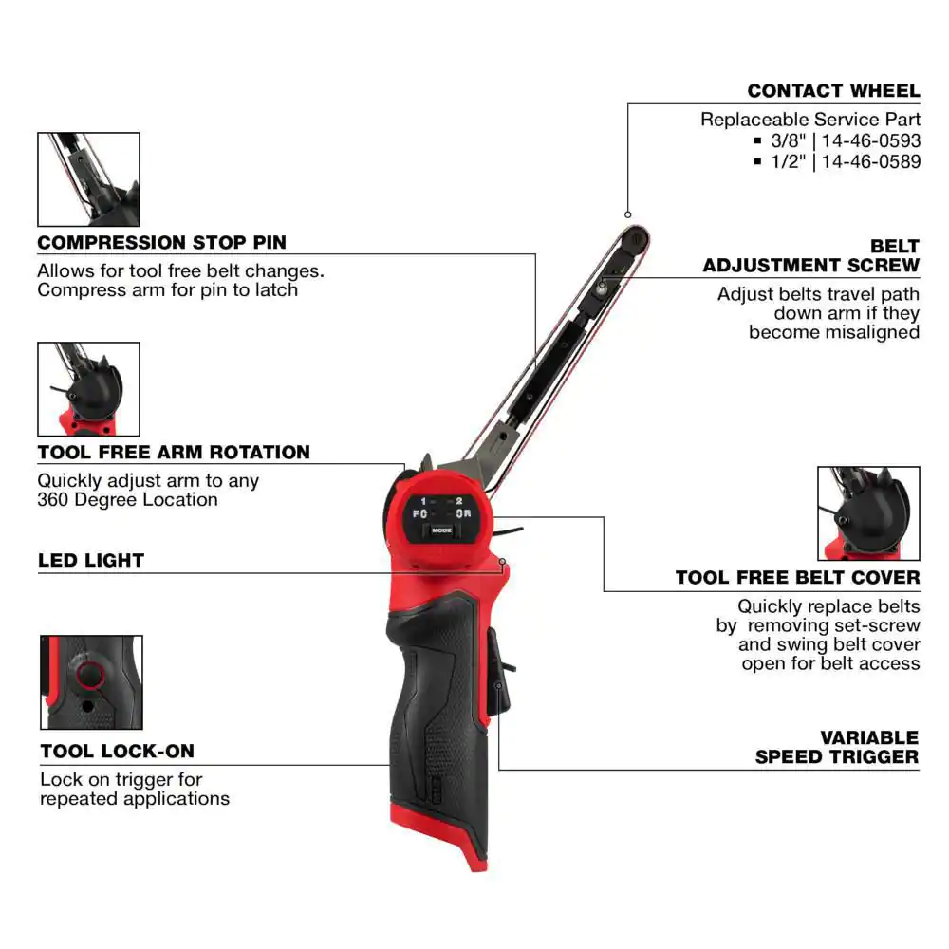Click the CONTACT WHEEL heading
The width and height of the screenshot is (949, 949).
pyautogui.click(x=833, y=91)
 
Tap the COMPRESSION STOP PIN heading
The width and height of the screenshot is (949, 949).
pyautogui.click(x=161, y=242)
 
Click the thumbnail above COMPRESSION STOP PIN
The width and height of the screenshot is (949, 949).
pyautogui.click(x=88, y=179)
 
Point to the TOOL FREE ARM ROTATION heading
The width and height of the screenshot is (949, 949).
pyautogui.click(x=174, y=452)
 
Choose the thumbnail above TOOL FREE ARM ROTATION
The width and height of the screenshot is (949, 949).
pyautogui.click(x=88, y=389)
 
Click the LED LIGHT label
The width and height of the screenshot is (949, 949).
pyautogui.click(x=91, y=560)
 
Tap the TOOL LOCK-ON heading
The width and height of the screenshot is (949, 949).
pyautogui.click(x=117, y=752)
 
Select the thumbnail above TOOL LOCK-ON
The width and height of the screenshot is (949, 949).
pyautogui.click(x=91, y=682)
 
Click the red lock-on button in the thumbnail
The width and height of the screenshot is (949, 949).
pyautogui.click(x=90, y=675)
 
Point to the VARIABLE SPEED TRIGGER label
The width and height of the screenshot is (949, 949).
pyautogui.click(x=837, y=747)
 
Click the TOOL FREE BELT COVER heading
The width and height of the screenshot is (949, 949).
pyautogui.click(x=797, y=577)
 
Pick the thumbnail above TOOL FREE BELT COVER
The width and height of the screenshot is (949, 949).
pyautogui.click(x=868, y=513)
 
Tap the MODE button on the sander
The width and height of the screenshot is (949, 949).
pyautogui.click(x=440, y=530)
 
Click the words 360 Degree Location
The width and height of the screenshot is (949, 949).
pyautogui.click(x=127, y=500)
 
